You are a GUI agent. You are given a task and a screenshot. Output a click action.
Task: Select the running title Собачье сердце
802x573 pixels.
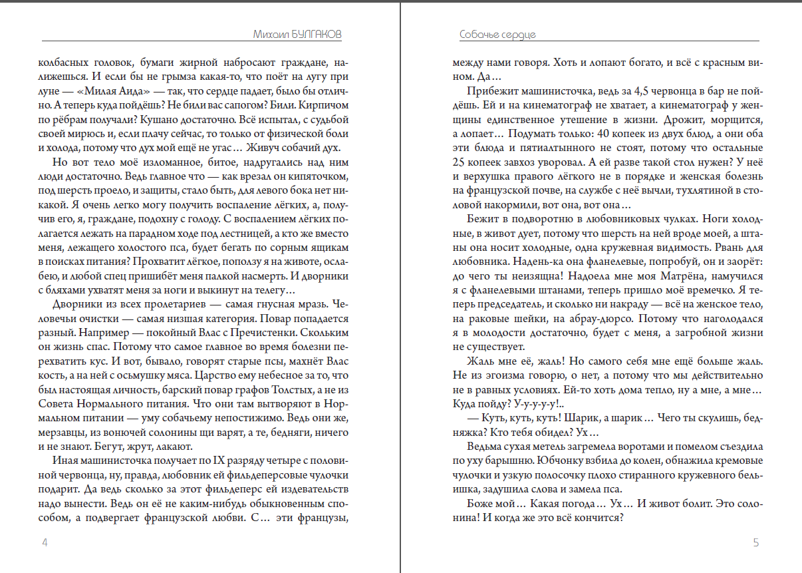[497, 34]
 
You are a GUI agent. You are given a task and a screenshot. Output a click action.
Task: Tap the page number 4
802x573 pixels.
[45, 542]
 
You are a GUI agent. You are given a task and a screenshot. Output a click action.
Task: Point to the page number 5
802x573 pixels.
[755, 542]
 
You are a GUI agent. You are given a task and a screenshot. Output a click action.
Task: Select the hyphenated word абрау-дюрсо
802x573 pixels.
[616, 318]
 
